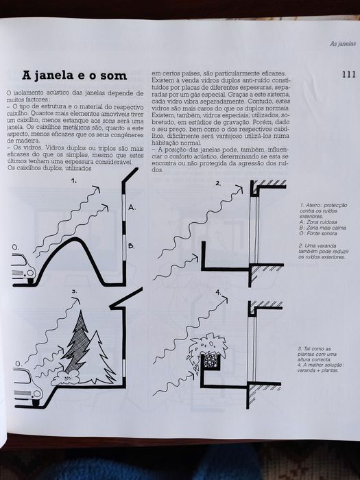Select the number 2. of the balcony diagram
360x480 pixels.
218,183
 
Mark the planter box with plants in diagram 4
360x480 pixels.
207,350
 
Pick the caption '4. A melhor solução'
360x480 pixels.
322,365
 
